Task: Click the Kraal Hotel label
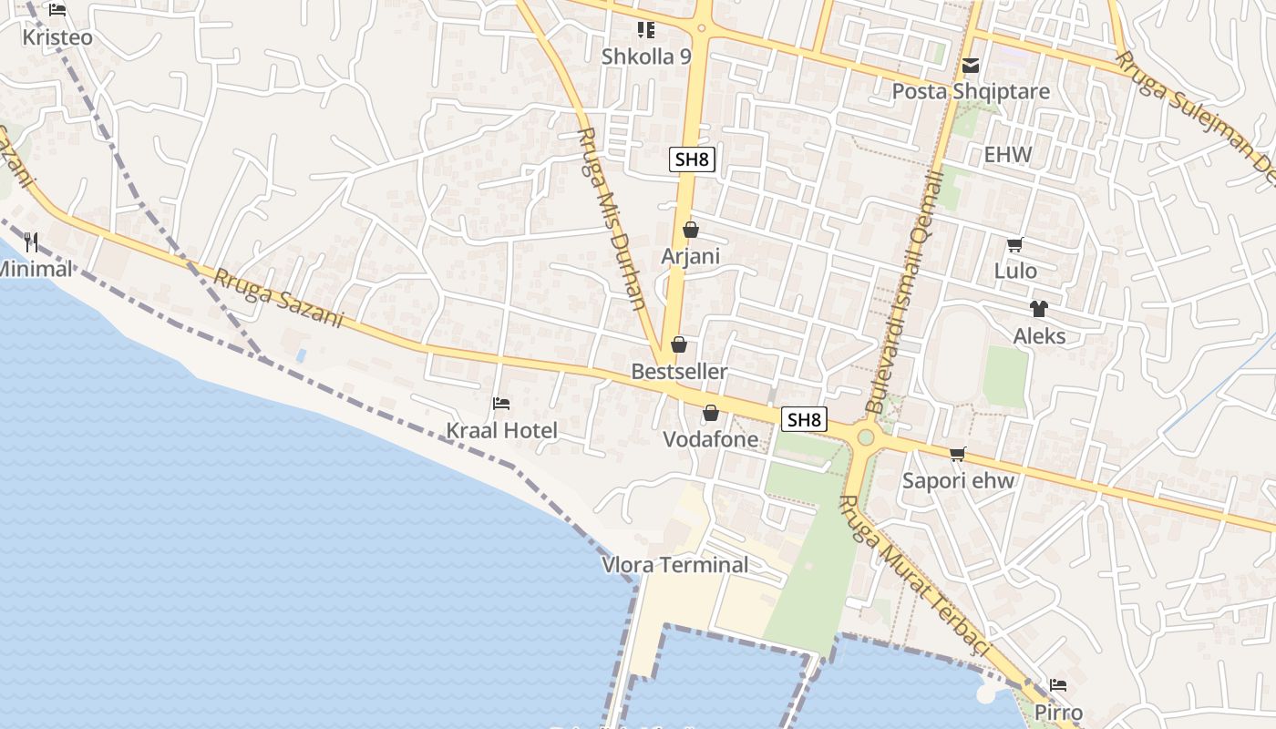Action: point(501,430)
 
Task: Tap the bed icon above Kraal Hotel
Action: point(500,403)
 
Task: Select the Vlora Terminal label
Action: point(675,565)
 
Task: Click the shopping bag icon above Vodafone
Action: point(711,414)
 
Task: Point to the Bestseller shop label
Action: point(680,372)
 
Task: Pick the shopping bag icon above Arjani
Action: point(691,230)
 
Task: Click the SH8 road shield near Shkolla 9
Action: point(692,159)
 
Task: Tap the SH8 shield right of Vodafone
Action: point(805,419)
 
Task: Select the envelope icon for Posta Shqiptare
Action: point(971,66)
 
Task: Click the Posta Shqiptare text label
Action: point(971,92)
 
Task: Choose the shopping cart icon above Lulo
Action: point(1014,244)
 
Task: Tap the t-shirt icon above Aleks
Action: point(1038,309)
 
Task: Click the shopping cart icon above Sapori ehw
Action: point(957,454)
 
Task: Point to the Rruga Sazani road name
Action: point(278,298)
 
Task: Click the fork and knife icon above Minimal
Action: point(32,241)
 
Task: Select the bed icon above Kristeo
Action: point(57,10)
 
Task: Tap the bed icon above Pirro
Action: point(1058,684)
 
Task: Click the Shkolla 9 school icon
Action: point(646,30)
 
